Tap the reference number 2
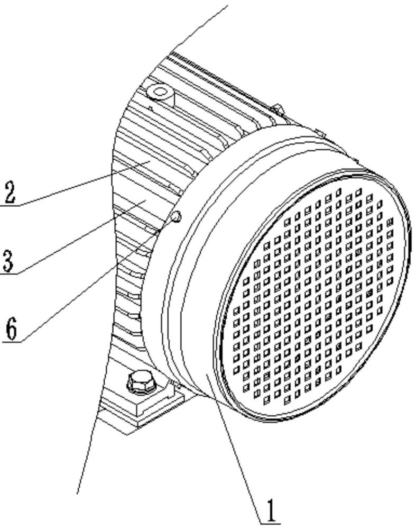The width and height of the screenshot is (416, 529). coord(9,193)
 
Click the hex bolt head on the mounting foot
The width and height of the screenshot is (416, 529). coord(140,380)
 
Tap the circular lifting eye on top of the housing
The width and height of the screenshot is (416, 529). coord(159,93)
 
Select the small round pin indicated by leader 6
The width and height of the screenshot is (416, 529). coord(176,216)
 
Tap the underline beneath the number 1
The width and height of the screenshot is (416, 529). coord(270,523)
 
